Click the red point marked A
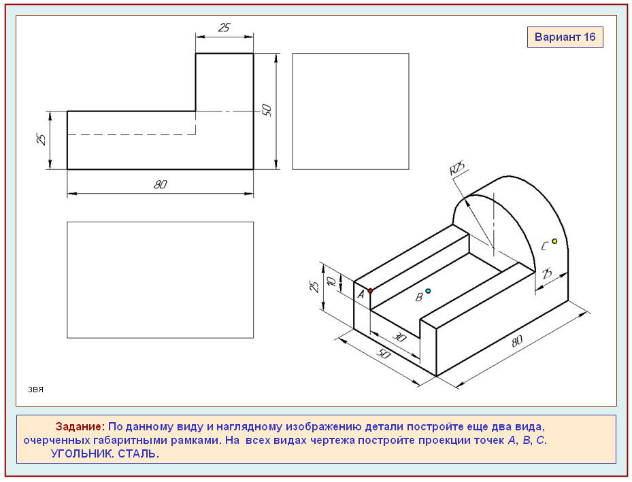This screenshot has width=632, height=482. pyautogui.click(x=370, y=291)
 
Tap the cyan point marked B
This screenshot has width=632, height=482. pyautogui.click(x=428, y=291)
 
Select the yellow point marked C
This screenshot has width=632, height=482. pyautogui.click(x=554, y=241)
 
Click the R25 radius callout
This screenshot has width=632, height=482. pyautogui.click(x=457, y=168)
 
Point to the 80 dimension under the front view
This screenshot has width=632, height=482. pyautogui.click(x=161, y=184)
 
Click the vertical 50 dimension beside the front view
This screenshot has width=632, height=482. pyautogui.click(x=267, y=110)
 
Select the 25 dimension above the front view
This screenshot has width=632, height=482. pyautogui.click(x=224, y=27)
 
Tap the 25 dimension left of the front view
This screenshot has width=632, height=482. pyautogui.click(x=41, y=139)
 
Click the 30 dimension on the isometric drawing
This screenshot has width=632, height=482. pyautogui.click(x=399, y=337)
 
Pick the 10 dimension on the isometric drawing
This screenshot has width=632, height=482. pyautogui.click(x=332, y=281)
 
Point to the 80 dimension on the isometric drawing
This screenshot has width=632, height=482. pyautogui.click(x=517, y=341)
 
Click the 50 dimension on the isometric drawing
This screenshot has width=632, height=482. pyautogui.click(x=384, y=354)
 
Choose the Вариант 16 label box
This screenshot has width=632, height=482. pyautogui.click(x=565, y=37)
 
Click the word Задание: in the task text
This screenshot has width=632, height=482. pyautogui.click(x=80, y=426)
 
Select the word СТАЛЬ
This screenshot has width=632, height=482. pyautogui.click(x=139, y=454)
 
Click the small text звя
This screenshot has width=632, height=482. pyautogui.click(x=35, y=390)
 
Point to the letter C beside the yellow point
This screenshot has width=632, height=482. pyautogui.click(x=544, y=246)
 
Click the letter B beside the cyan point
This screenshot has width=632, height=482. pyautogui.click(x=419, y=297)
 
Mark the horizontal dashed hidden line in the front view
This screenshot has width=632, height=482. pyautogui.click(x=131, y=134)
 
